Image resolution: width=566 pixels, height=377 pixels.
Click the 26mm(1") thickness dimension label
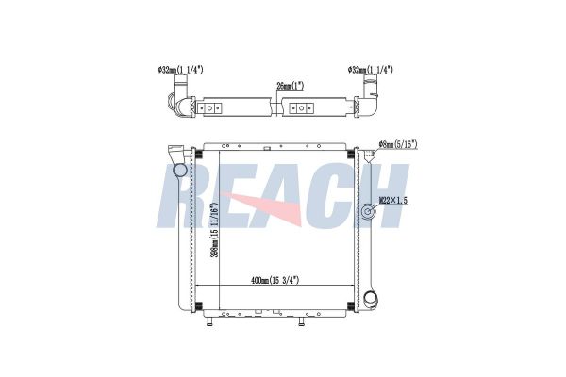click(290, 86)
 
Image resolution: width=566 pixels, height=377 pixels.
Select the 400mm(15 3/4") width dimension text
click(275, 280)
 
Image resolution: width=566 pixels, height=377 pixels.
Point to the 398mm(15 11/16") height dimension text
click(215, 231)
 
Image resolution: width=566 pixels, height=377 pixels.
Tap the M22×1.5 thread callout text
click(393, 200)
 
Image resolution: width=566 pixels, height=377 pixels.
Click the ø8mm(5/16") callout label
click(398, 144)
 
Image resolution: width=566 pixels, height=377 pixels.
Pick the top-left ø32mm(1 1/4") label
click(180, 70)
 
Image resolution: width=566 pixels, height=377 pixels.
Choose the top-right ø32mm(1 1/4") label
click(370, 70)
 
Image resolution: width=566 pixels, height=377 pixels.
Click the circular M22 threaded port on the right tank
click(369, 211)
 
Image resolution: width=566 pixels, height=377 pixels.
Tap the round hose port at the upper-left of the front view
click(180, 170)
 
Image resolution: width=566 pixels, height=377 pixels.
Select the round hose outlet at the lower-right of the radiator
click(371, 299)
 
